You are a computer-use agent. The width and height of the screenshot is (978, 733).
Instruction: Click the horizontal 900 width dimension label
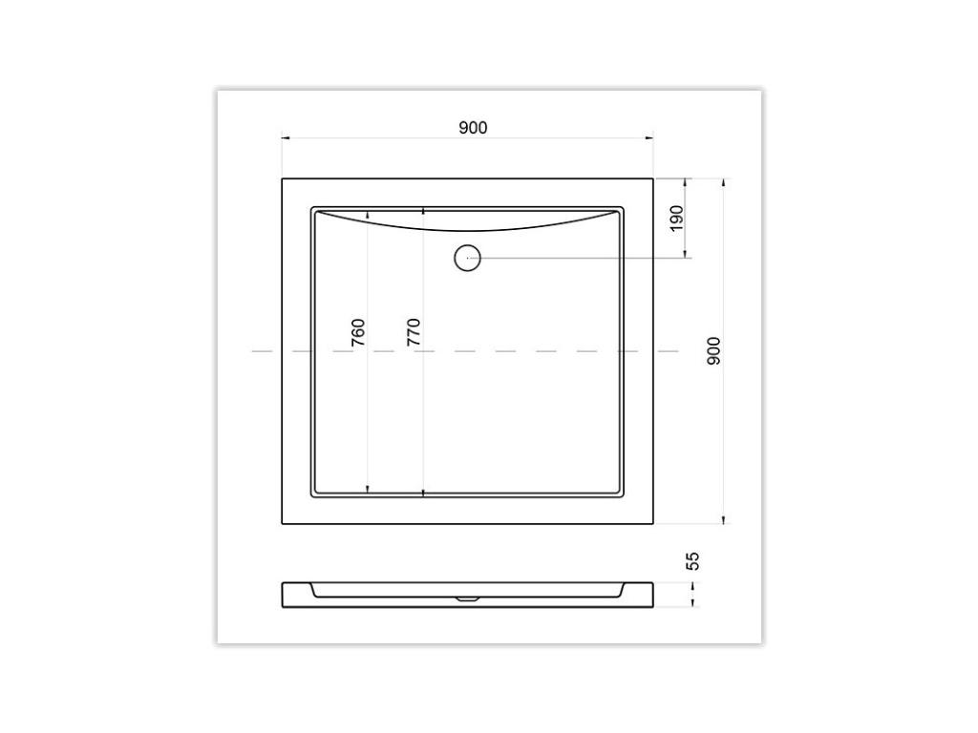473,127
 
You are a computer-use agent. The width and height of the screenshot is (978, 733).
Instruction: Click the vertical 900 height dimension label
713,350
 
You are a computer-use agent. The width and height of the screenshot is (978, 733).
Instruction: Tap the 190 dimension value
677,218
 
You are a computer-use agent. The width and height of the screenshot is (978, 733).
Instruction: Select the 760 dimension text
358,331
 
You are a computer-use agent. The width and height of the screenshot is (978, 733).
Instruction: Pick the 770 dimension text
414,331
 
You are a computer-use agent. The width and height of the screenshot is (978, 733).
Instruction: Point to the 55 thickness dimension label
694,559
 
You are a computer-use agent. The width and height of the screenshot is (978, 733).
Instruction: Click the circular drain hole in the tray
467,258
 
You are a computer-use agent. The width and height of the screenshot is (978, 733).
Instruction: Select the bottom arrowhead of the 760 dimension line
368,491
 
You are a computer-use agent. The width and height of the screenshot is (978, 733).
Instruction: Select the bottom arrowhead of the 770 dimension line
423,492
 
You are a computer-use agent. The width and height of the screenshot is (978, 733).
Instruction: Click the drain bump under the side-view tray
467,599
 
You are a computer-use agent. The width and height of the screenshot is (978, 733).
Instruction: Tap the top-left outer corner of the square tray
283,178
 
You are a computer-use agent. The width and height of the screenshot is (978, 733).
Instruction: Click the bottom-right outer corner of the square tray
653,523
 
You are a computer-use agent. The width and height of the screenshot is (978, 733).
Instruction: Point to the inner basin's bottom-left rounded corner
314,495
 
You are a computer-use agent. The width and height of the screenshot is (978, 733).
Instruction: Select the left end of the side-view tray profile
284,595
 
